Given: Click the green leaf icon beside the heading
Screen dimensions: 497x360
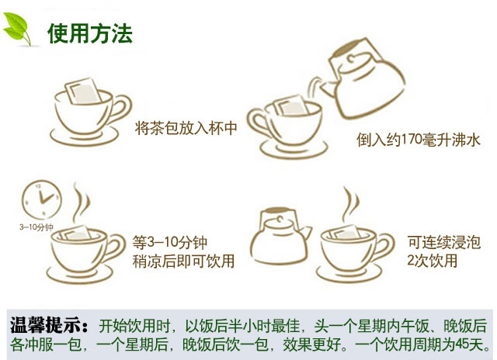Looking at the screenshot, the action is (x=16, y=29).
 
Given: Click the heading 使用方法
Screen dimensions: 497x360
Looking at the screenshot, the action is (x=90, y=33).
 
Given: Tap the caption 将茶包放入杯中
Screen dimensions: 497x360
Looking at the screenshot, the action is (x=186, y=128).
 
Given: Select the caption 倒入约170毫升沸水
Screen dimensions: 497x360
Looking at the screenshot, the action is (x=419, y=140).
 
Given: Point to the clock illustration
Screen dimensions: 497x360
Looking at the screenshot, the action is (x=41, y=199).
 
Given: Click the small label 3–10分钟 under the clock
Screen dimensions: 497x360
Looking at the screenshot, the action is (x=36, y=227).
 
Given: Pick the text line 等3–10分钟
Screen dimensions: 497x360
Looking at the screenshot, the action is (x=170, y=243).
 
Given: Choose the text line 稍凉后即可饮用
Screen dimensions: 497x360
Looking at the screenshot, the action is (x=183, y=261).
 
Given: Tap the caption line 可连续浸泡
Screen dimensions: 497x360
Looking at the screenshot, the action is (x=444, y=243).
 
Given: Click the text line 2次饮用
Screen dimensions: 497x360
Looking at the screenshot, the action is (x=432, y=261).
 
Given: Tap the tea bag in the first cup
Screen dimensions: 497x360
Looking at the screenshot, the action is (x=83, y=91).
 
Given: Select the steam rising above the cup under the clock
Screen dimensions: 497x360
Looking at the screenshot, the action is (x=81, y=202).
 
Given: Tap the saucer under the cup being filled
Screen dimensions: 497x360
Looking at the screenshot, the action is (x=294, y=150).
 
